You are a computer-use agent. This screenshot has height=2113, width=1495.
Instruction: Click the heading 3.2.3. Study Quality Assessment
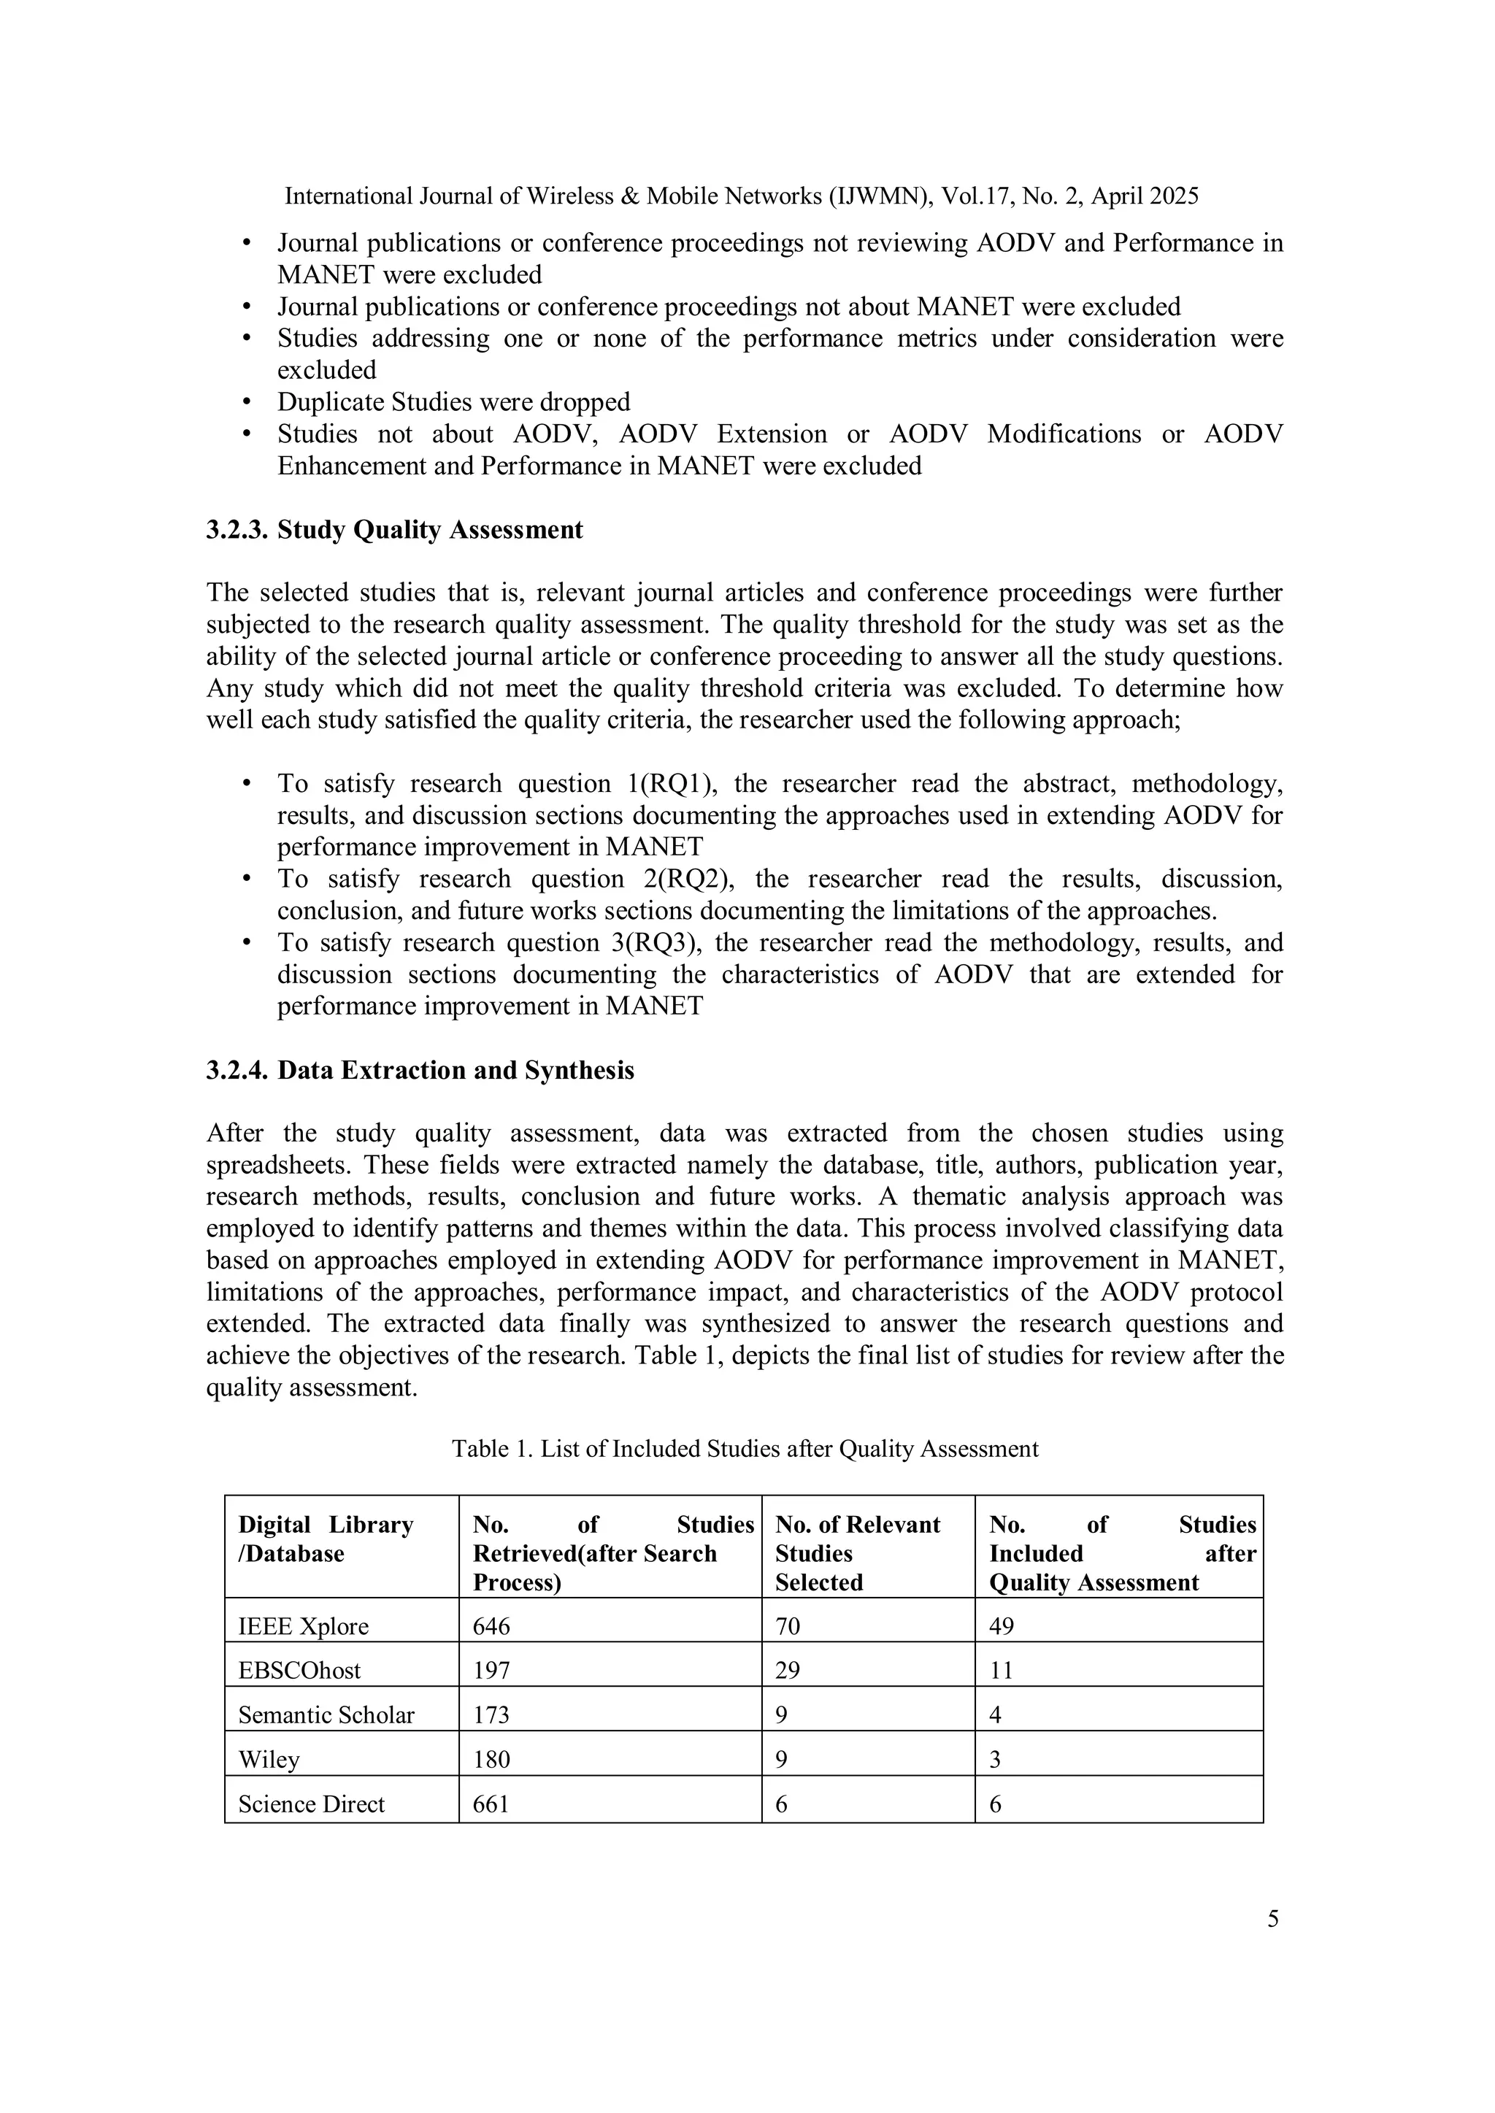(x=394, y=530)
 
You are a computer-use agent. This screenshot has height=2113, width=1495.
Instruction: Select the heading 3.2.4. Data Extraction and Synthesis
(x=420, y=1070)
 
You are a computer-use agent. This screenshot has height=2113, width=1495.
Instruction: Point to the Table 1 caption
(x=745, y=1449)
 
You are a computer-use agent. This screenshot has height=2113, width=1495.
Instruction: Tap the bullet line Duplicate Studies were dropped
(x=454, y=402)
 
